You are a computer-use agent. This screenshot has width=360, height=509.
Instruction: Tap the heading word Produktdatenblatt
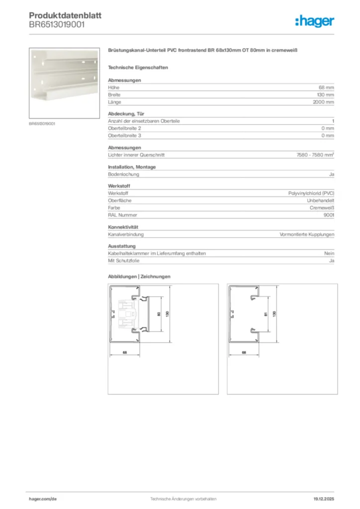[x=65, y=16]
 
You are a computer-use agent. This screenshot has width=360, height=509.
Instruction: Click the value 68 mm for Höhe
[x=326, y=87]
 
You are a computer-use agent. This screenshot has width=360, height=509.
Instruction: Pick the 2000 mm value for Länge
[x=323, y=102]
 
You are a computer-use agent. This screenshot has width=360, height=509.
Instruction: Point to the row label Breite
[x=114, y=94]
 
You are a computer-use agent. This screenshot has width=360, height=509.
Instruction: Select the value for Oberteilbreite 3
[x=328, y=135]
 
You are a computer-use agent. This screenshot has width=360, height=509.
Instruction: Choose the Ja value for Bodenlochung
[x=331, y=174]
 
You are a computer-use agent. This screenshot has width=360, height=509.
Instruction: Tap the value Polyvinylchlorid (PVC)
[x=311, y=193]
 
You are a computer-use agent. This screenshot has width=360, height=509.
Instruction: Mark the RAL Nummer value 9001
[x=329, y=215]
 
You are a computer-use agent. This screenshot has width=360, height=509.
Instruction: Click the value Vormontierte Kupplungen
[x=307, y=235]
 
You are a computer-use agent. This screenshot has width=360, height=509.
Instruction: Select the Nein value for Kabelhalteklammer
[x=329, y=254]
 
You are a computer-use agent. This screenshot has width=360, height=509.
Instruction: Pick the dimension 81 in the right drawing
[x=266, y=314]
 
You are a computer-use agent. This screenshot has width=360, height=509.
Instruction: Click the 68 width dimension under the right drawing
[x=244, y=352]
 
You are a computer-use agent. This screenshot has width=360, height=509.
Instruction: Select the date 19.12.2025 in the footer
[x=324, y=499]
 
